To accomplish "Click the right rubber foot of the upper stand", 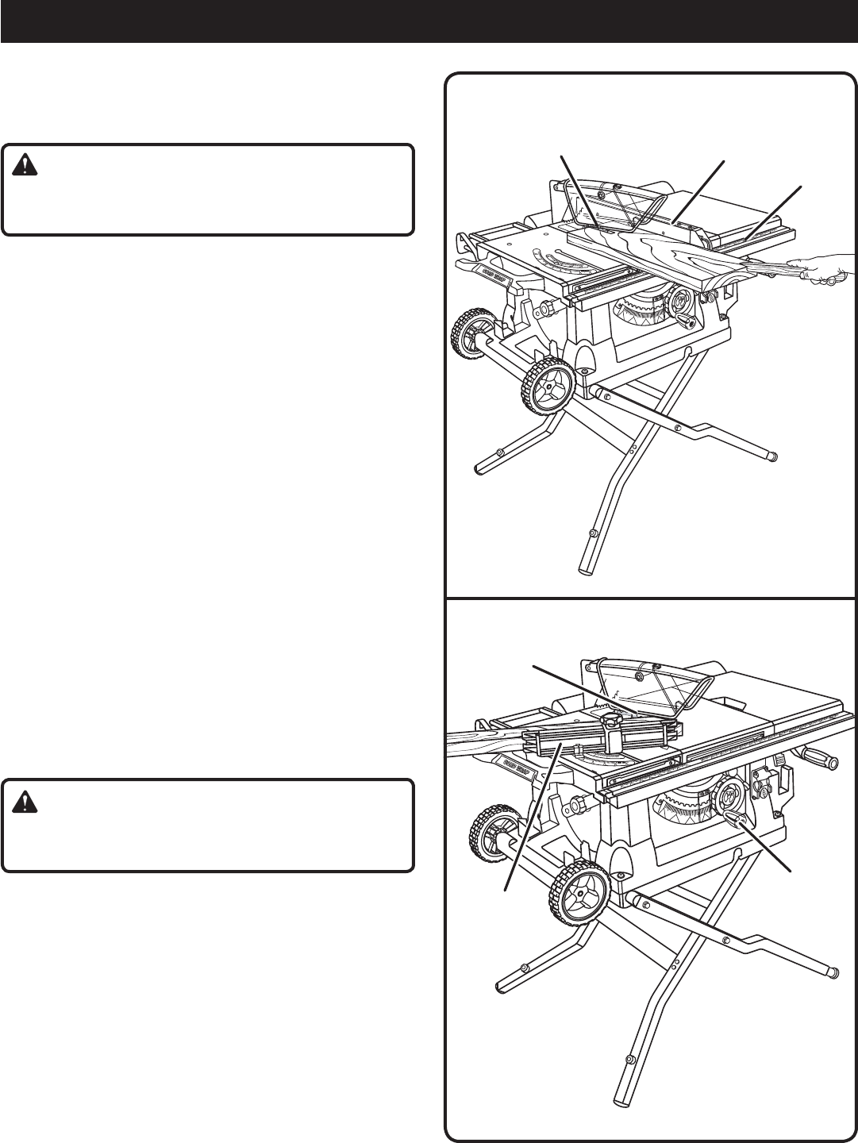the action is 772,456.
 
